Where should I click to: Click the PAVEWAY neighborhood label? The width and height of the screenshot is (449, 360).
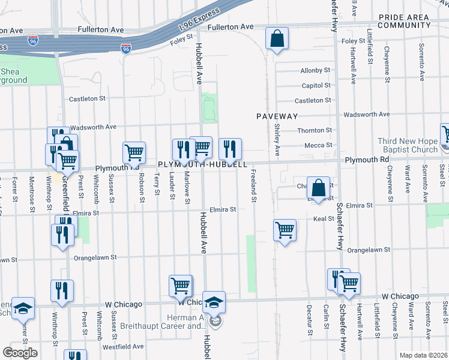277,115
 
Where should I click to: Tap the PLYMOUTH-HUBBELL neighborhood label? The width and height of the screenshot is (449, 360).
203,164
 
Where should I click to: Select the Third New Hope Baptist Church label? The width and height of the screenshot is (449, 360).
408,145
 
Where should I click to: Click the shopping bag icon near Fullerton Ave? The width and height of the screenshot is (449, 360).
276,39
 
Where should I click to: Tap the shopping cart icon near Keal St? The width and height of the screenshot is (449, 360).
285,229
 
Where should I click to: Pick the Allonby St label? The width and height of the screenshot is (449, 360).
316,71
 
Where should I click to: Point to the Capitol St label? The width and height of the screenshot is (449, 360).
316,86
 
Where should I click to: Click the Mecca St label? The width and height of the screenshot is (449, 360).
318,145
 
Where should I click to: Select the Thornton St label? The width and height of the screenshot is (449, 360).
315,130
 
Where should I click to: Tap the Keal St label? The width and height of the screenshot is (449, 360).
323,219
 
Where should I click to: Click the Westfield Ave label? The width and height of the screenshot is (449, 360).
122,346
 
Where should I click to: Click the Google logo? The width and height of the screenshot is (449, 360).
20,353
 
